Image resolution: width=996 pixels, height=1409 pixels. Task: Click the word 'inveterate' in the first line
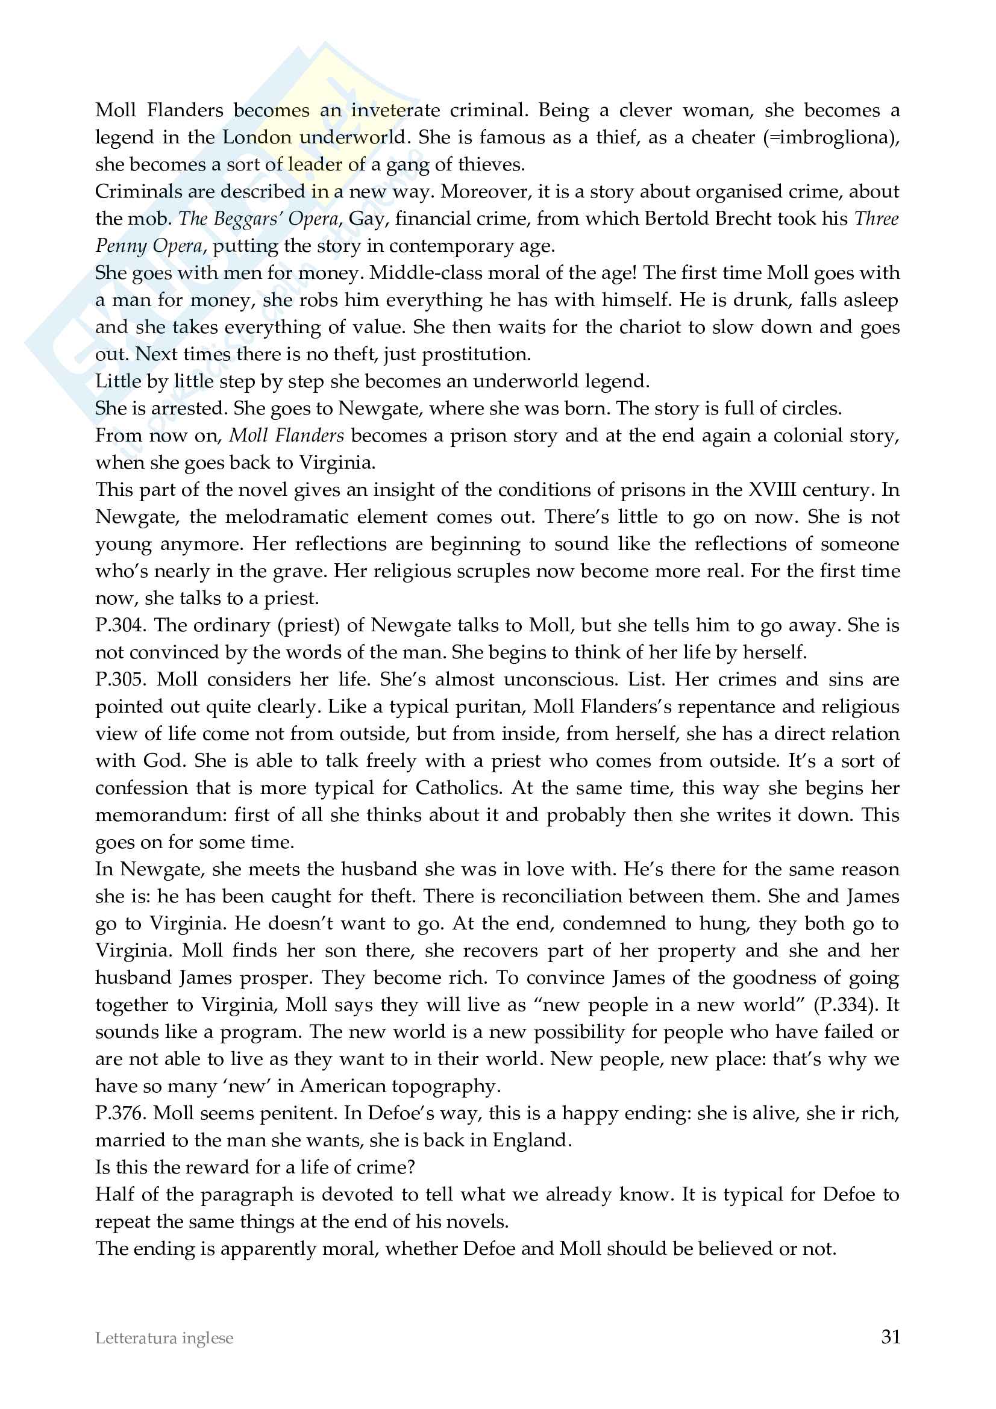coord(395,110)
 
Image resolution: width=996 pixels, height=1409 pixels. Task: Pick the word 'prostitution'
coord(475,354)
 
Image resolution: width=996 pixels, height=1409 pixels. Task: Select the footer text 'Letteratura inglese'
coord(164,1339)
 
